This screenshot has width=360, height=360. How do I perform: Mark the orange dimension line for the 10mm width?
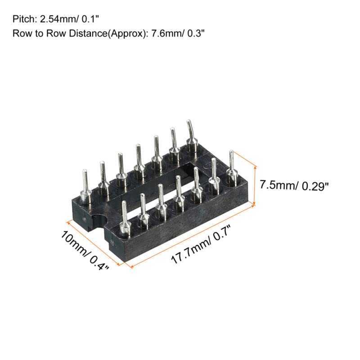click(x=92, y=243)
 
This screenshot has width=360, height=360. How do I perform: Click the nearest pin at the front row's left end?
click(x=125, y=219)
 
